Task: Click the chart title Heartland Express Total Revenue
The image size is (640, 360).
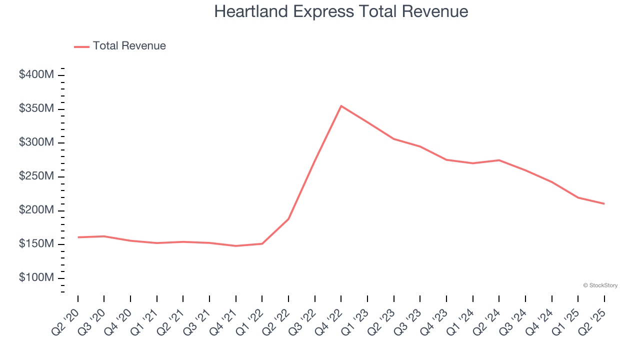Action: click(341, 11)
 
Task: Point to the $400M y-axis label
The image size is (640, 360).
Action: click(36, 75)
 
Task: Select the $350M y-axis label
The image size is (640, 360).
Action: click(36, 109)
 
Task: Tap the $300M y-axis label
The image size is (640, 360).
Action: click(36, 142)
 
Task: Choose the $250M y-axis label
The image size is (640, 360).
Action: click(36, 176)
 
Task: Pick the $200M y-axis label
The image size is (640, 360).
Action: click(36, 210)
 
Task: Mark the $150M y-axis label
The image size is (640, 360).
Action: click(36, 244)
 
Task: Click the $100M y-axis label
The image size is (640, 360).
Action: click(36, 278)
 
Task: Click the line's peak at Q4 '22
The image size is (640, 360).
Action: click(341, 106)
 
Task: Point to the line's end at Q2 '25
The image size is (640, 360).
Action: click(604, 203)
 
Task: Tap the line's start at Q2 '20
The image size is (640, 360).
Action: click(78, 237)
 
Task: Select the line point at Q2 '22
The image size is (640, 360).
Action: click(288, 219)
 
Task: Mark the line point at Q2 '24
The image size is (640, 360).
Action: click(499, 160)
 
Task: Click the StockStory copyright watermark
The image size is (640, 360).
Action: click(600, 285)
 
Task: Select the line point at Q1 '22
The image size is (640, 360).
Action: click(262, 243)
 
